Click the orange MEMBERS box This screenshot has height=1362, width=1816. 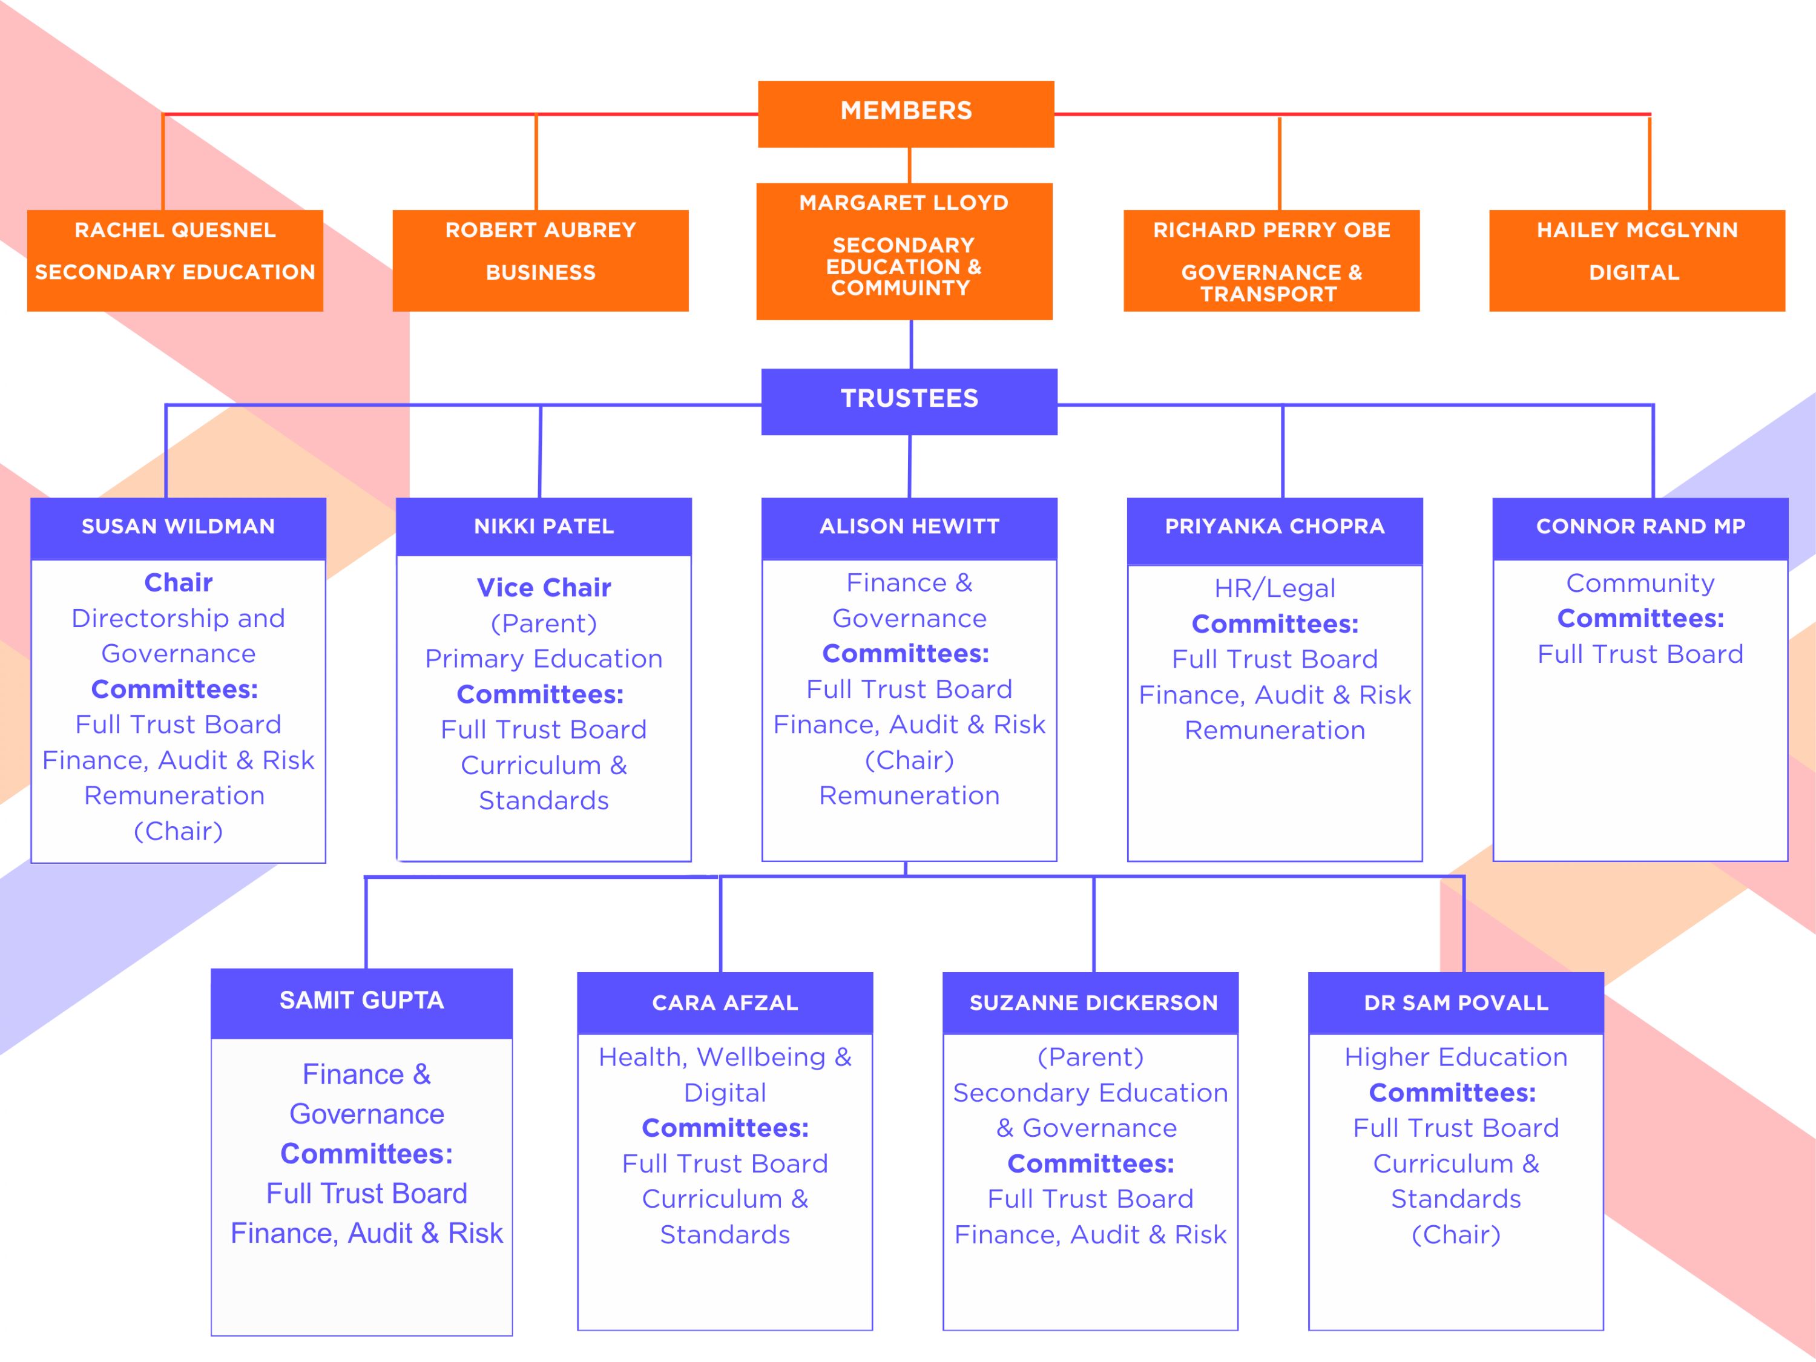[x=906, y=114]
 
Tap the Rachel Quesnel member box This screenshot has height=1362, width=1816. [x=175, y=260]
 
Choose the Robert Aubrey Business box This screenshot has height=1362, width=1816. [x=540, y=260]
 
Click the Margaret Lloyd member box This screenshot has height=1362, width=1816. [x=904, y=251]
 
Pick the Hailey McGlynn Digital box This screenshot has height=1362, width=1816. [x=1637, y=260]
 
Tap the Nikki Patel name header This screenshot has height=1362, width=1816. [x=544, y=527]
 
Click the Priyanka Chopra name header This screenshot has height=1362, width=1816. [x=1274, y=531]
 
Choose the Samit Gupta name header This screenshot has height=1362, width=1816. [x=361, y=1003]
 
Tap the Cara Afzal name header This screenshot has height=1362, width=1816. [x=725, y=1003]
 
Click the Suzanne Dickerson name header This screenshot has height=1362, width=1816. [x=1090, y=1003]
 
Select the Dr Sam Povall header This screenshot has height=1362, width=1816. [x=1456, y=1003]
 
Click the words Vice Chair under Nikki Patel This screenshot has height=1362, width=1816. [x=544, y=588]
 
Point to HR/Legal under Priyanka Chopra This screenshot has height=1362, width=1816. [x=1274, y=588]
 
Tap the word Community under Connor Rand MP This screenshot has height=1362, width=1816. [x=1640, y=584]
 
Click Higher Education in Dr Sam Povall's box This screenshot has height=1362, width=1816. [x=1456, y=1058]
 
